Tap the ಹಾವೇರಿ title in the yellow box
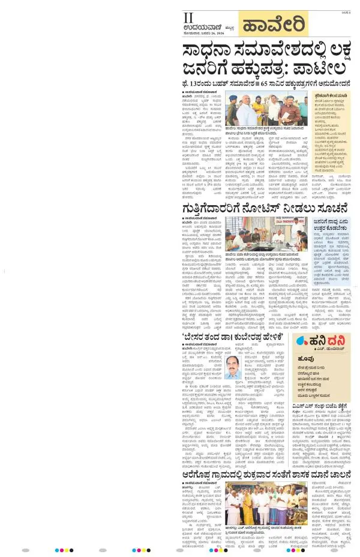[273, 25]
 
